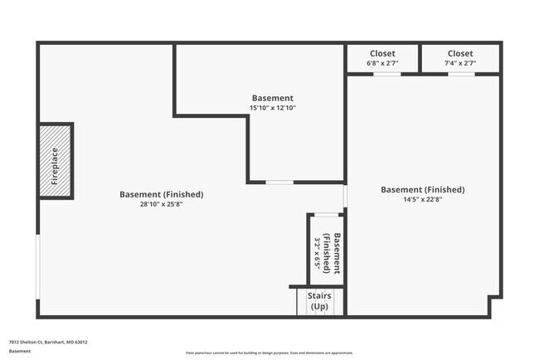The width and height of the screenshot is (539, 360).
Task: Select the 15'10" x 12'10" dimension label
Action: [272, 108]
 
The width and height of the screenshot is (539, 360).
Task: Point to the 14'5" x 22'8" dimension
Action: [422, 199]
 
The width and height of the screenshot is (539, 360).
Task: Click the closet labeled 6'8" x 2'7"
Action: [382, 58]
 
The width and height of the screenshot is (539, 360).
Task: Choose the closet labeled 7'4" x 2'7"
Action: [460, 58]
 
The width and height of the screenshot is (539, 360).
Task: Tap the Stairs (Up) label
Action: [318, 300]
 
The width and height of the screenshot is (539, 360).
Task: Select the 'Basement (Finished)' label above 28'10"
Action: [161, 194]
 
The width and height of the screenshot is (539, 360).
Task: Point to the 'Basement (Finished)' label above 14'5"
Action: [422, 189]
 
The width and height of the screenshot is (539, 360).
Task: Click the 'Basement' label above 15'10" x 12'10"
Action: [272, 98]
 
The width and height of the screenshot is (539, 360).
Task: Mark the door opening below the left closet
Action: [386, 74]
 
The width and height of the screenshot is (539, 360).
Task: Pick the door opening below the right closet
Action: [461, 74]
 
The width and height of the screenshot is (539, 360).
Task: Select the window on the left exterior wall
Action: [37, 265]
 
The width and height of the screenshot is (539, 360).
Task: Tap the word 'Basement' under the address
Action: [19, 351]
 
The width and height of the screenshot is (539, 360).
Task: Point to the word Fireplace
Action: [54, 161]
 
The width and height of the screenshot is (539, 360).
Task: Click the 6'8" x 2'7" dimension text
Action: [382, 63]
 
